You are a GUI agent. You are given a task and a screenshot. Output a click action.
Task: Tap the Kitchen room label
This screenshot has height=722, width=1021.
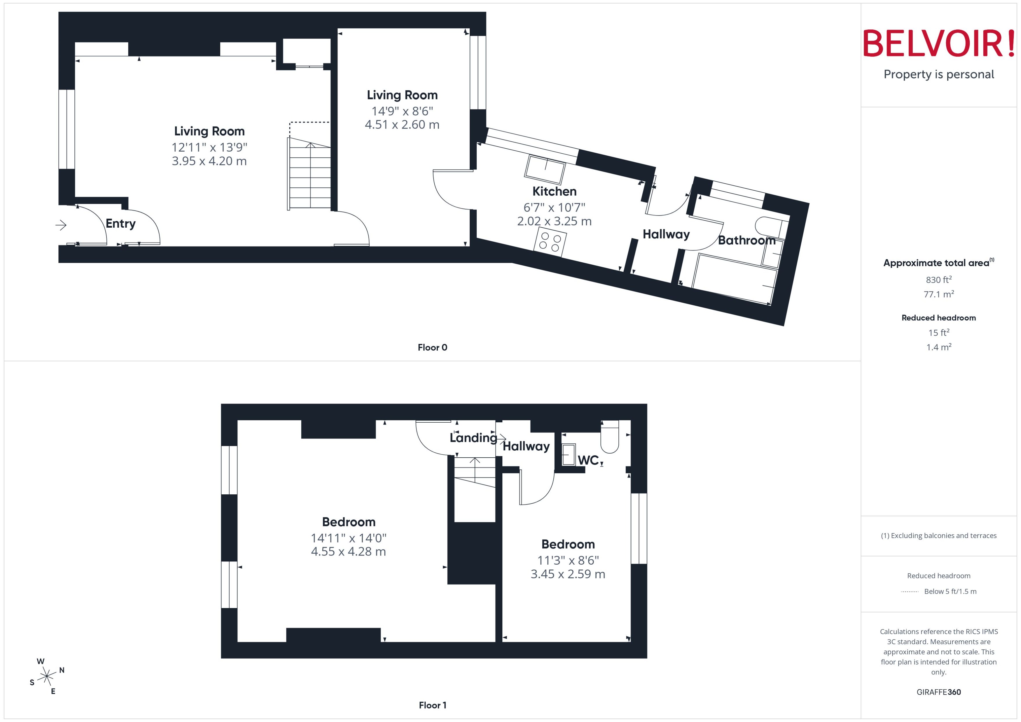pyautogui.click(x=554, y=192)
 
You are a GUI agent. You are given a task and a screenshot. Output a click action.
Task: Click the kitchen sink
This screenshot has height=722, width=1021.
pyautogui.click(x=545, y=169)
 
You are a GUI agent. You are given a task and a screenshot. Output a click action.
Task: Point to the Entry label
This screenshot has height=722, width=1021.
pyautogui.click(x=120, y=224)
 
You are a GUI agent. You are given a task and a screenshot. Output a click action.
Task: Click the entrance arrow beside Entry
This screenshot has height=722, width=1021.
pyautogui.click(x=61, y=225)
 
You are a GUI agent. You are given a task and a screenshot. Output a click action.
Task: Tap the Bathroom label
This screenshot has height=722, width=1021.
pyautogui.click(x=746, y=240)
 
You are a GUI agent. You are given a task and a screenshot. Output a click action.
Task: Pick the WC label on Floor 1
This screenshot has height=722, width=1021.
pyautogui.click(x=588, y=461)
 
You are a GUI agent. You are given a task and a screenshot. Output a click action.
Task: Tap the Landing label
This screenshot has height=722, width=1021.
pyautogui.click(x=473, y=438)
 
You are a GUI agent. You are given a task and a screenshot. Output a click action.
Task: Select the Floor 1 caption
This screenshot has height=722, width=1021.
pyautogui.click(x=432, y=705)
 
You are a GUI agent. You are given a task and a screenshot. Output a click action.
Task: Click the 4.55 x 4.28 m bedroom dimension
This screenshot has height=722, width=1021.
pyautogui.click(x=348, y=552)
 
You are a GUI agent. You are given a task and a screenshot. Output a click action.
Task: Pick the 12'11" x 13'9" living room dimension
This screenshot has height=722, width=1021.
pyautogui.click(x=209, y=147)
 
